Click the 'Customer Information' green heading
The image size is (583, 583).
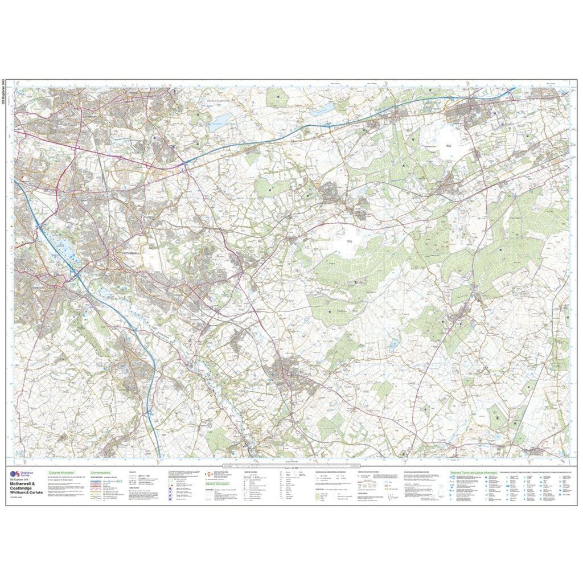pos(62,473)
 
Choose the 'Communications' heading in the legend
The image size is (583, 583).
pos(100,473)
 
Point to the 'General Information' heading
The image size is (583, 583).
pos(219,483)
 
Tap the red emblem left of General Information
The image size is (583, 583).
pos(208,474)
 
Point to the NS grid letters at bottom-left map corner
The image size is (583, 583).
pos(19,454)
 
